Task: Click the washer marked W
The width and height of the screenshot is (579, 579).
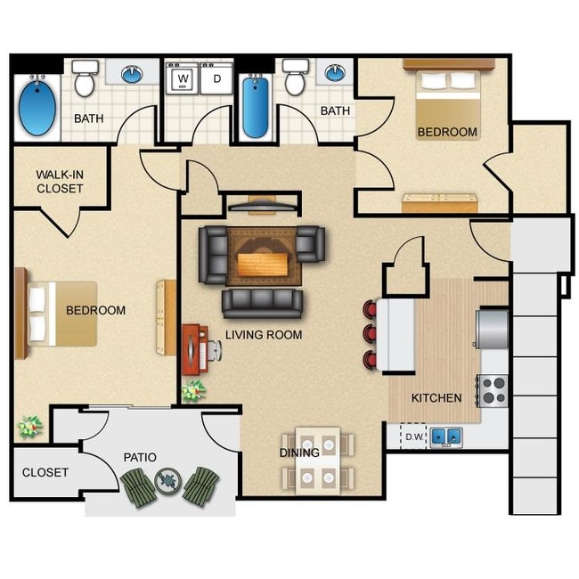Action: click(183, 78)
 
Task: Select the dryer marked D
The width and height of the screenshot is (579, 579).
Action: click(216, 78)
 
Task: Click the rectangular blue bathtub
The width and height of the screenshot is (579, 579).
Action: click(256, 105)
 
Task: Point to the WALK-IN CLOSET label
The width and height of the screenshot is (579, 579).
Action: click(60, 182)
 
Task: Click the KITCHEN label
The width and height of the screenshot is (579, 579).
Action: click(436, 398)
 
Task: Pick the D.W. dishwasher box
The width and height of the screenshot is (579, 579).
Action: click(413, 436)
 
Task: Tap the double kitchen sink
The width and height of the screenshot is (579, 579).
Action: click(446, 437)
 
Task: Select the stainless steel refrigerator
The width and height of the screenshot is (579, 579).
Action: click(493, 330)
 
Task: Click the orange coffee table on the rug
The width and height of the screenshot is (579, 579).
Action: click(263, 265)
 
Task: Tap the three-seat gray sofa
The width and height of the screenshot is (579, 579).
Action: click(262, 304)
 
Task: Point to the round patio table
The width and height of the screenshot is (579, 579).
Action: click(168, 481)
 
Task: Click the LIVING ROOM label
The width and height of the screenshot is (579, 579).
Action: click(264, 335)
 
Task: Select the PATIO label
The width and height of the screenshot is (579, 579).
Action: click(140, 458)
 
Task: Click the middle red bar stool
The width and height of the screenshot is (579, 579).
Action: click(370, 333)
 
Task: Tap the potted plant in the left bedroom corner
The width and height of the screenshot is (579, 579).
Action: click(30, 427)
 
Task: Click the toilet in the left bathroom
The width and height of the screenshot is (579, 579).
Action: click(85, 78)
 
